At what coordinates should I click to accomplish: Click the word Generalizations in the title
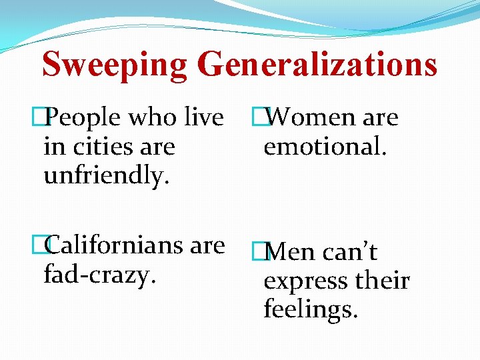[317, 65]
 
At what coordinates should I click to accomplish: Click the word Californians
[116, 245]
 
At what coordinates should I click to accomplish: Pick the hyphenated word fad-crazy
[99, 273]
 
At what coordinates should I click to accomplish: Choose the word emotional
[325, 146]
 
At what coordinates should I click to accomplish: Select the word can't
[350, 252]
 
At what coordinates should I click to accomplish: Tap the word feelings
[311, 310]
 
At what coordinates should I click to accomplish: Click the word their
[383, 281]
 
